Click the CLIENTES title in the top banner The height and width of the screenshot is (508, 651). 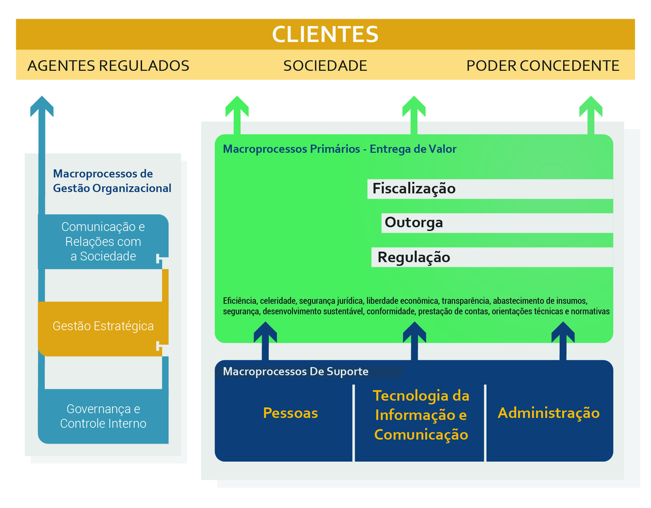coord(325,35)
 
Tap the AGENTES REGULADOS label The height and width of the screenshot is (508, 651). coord(108,66)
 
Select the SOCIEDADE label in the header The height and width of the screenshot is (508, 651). coord(325,66)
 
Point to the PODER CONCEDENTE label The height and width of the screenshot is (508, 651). coord(542,66)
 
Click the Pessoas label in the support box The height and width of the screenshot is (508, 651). coord(290,413)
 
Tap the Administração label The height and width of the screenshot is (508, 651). coord(548,413)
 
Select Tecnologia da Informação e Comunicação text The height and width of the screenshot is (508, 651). coord(421,415)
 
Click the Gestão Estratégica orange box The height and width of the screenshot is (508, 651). coord(102,326)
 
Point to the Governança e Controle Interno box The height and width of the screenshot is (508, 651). coord(103,416)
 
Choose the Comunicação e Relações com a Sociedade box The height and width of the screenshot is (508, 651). coord(103,242)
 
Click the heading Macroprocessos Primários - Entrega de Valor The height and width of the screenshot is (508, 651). coord(340,149)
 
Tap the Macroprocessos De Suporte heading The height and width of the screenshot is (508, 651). coord(295,372)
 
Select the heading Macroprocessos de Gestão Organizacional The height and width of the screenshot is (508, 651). coord(112,181)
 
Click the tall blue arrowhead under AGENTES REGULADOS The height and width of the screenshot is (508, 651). coord(42,106)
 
